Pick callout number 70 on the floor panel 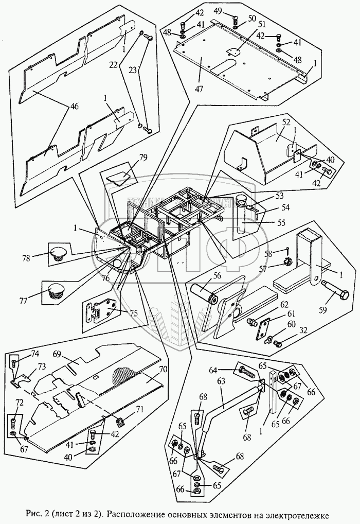[x=163, y=369]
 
